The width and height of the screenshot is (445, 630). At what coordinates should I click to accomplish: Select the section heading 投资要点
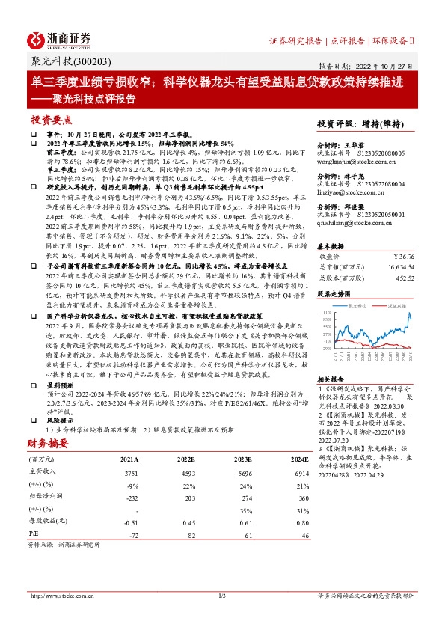click(x=52, y=120)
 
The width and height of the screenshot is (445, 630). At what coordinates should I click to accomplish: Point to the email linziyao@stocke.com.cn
click(x=346, y=190)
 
